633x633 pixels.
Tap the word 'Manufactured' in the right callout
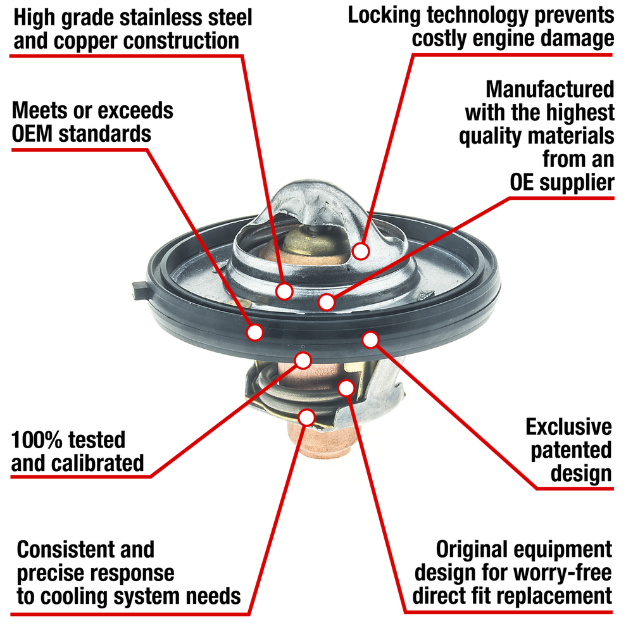550,89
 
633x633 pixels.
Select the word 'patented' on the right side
571,450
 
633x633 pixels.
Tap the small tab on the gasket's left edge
141,291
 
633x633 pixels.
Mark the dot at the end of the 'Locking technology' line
361,251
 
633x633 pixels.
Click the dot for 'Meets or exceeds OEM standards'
255,332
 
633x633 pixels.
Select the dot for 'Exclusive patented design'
370,340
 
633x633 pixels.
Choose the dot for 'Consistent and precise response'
306,417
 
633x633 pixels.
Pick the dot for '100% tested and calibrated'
303,361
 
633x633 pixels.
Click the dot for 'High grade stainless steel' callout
284,291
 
